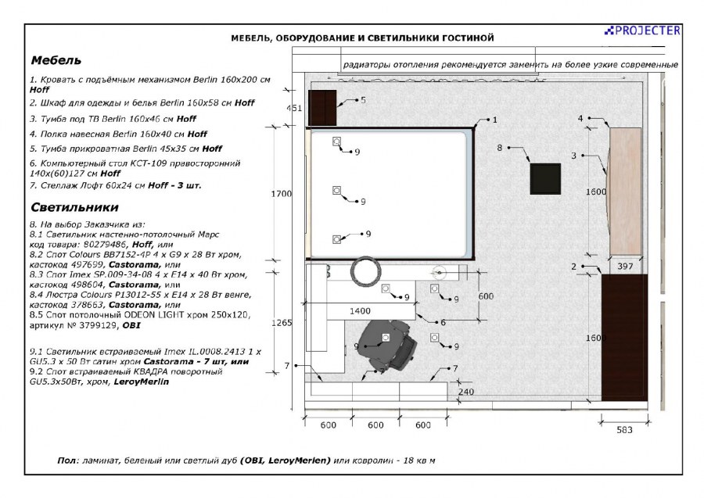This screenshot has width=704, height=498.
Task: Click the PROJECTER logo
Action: click(642, 30)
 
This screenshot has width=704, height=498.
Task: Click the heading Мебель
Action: click(56, 60)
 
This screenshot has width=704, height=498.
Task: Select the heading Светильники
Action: click(74, 207)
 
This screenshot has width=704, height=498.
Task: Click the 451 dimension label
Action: click(294, 108)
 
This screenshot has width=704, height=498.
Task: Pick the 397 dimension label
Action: click(625, 267)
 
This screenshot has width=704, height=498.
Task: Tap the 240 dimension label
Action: click(465, 392)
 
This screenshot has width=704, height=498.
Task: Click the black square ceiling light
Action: click(545, 178)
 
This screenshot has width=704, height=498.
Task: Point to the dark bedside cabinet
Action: click(321, 108)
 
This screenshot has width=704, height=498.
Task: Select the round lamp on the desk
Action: click(365, 271)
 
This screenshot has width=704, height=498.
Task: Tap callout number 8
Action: click(499, 147)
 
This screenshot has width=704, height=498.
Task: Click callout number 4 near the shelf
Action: click(580, 118)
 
